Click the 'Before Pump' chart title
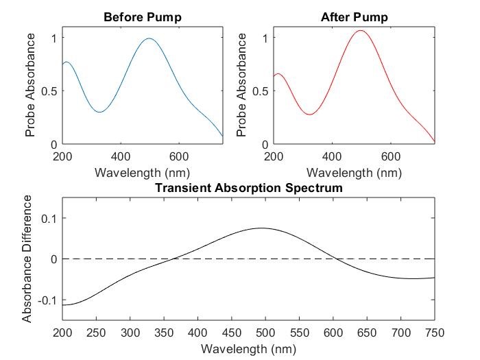[x=143, y=16]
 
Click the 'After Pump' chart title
[x=354, y=16]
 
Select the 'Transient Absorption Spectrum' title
[x=248, y=187]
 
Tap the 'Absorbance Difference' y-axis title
[x=27, y=259]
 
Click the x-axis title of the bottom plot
[x=248, y=348]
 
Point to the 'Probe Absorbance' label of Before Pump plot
[x=30, y=91]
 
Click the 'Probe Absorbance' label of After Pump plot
[x=241, y=91]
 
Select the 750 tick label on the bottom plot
[x=435, y=333]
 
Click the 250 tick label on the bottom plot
[x=97, y=333]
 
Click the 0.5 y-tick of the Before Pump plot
[x=49, y=91]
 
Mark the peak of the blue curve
[x=149, y=38]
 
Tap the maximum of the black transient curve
[x=261, y=228]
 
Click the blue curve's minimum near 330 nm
[x=99, y=112]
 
